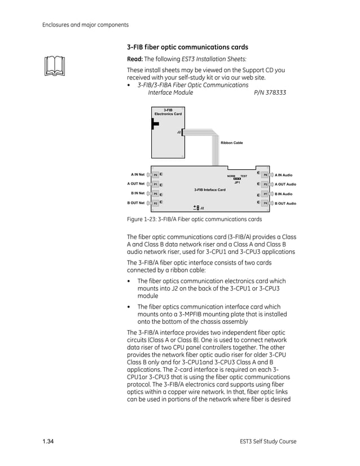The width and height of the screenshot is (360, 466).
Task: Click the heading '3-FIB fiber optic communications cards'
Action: pos(187,47)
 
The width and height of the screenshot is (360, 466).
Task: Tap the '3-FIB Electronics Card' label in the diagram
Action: pos(168,112)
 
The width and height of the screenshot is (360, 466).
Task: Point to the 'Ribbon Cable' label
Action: pos(231,143)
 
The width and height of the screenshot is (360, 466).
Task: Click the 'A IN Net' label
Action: pos(137,175)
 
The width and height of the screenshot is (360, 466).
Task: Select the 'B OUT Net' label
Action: pos(136,203)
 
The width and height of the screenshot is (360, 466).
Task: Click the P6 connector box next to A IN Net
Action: pos(155,175)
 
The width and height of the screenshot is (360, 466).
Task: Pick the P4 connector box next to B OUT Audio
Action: pos(265,203)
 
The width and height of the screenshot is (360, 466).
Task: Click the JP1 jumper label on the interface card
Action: pos(238,183)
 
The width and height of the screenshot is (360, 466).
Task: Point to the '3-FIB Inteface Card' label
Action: pos(209,190)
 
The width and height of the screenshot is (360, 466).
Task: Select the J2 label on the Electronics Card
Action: pos(179,132)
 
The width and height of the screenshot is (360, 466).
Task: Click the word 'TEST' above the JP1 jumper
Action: pos(244,176)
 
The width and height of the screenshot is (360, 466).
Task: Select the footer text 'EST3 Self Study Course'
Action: pos(268,441)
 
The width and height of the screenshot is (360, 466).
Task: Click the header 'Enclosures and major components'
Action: pos(86,24)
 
